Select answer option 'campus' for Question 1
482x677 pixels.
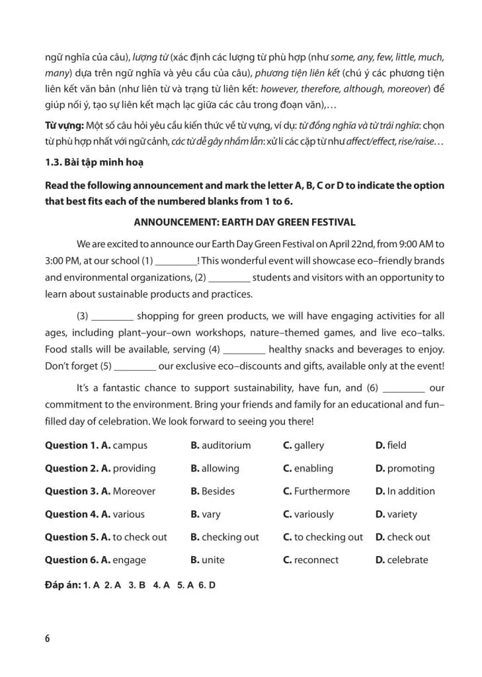tap(130, 446)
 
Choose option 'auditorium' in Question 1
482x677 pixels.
tap(226, 446)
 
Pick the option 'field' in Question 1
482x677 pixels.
tap(397, 446)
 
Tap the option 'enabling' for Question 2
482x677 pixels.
tap(313, 469)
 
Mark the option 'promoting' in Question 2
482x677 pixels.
tap(411, 469)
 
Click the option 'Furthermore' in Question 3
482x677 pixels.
tap(322, 491)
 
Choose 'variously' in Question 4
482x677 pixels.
tap(313, 514)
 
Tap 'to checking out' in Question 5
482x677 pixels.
tap(329, 538)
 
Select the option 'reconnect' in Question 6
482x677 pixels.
tap(316, 560)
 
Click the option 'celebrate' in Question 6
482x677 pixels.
tap(407, 560)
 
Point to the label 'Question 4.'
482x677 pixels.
tap(71, 514)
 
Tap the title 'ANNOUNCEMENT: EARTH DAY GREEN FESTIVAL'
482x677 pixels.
tap(245, 223)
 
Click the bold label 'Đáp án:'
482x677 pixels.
tap(63, 585)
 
